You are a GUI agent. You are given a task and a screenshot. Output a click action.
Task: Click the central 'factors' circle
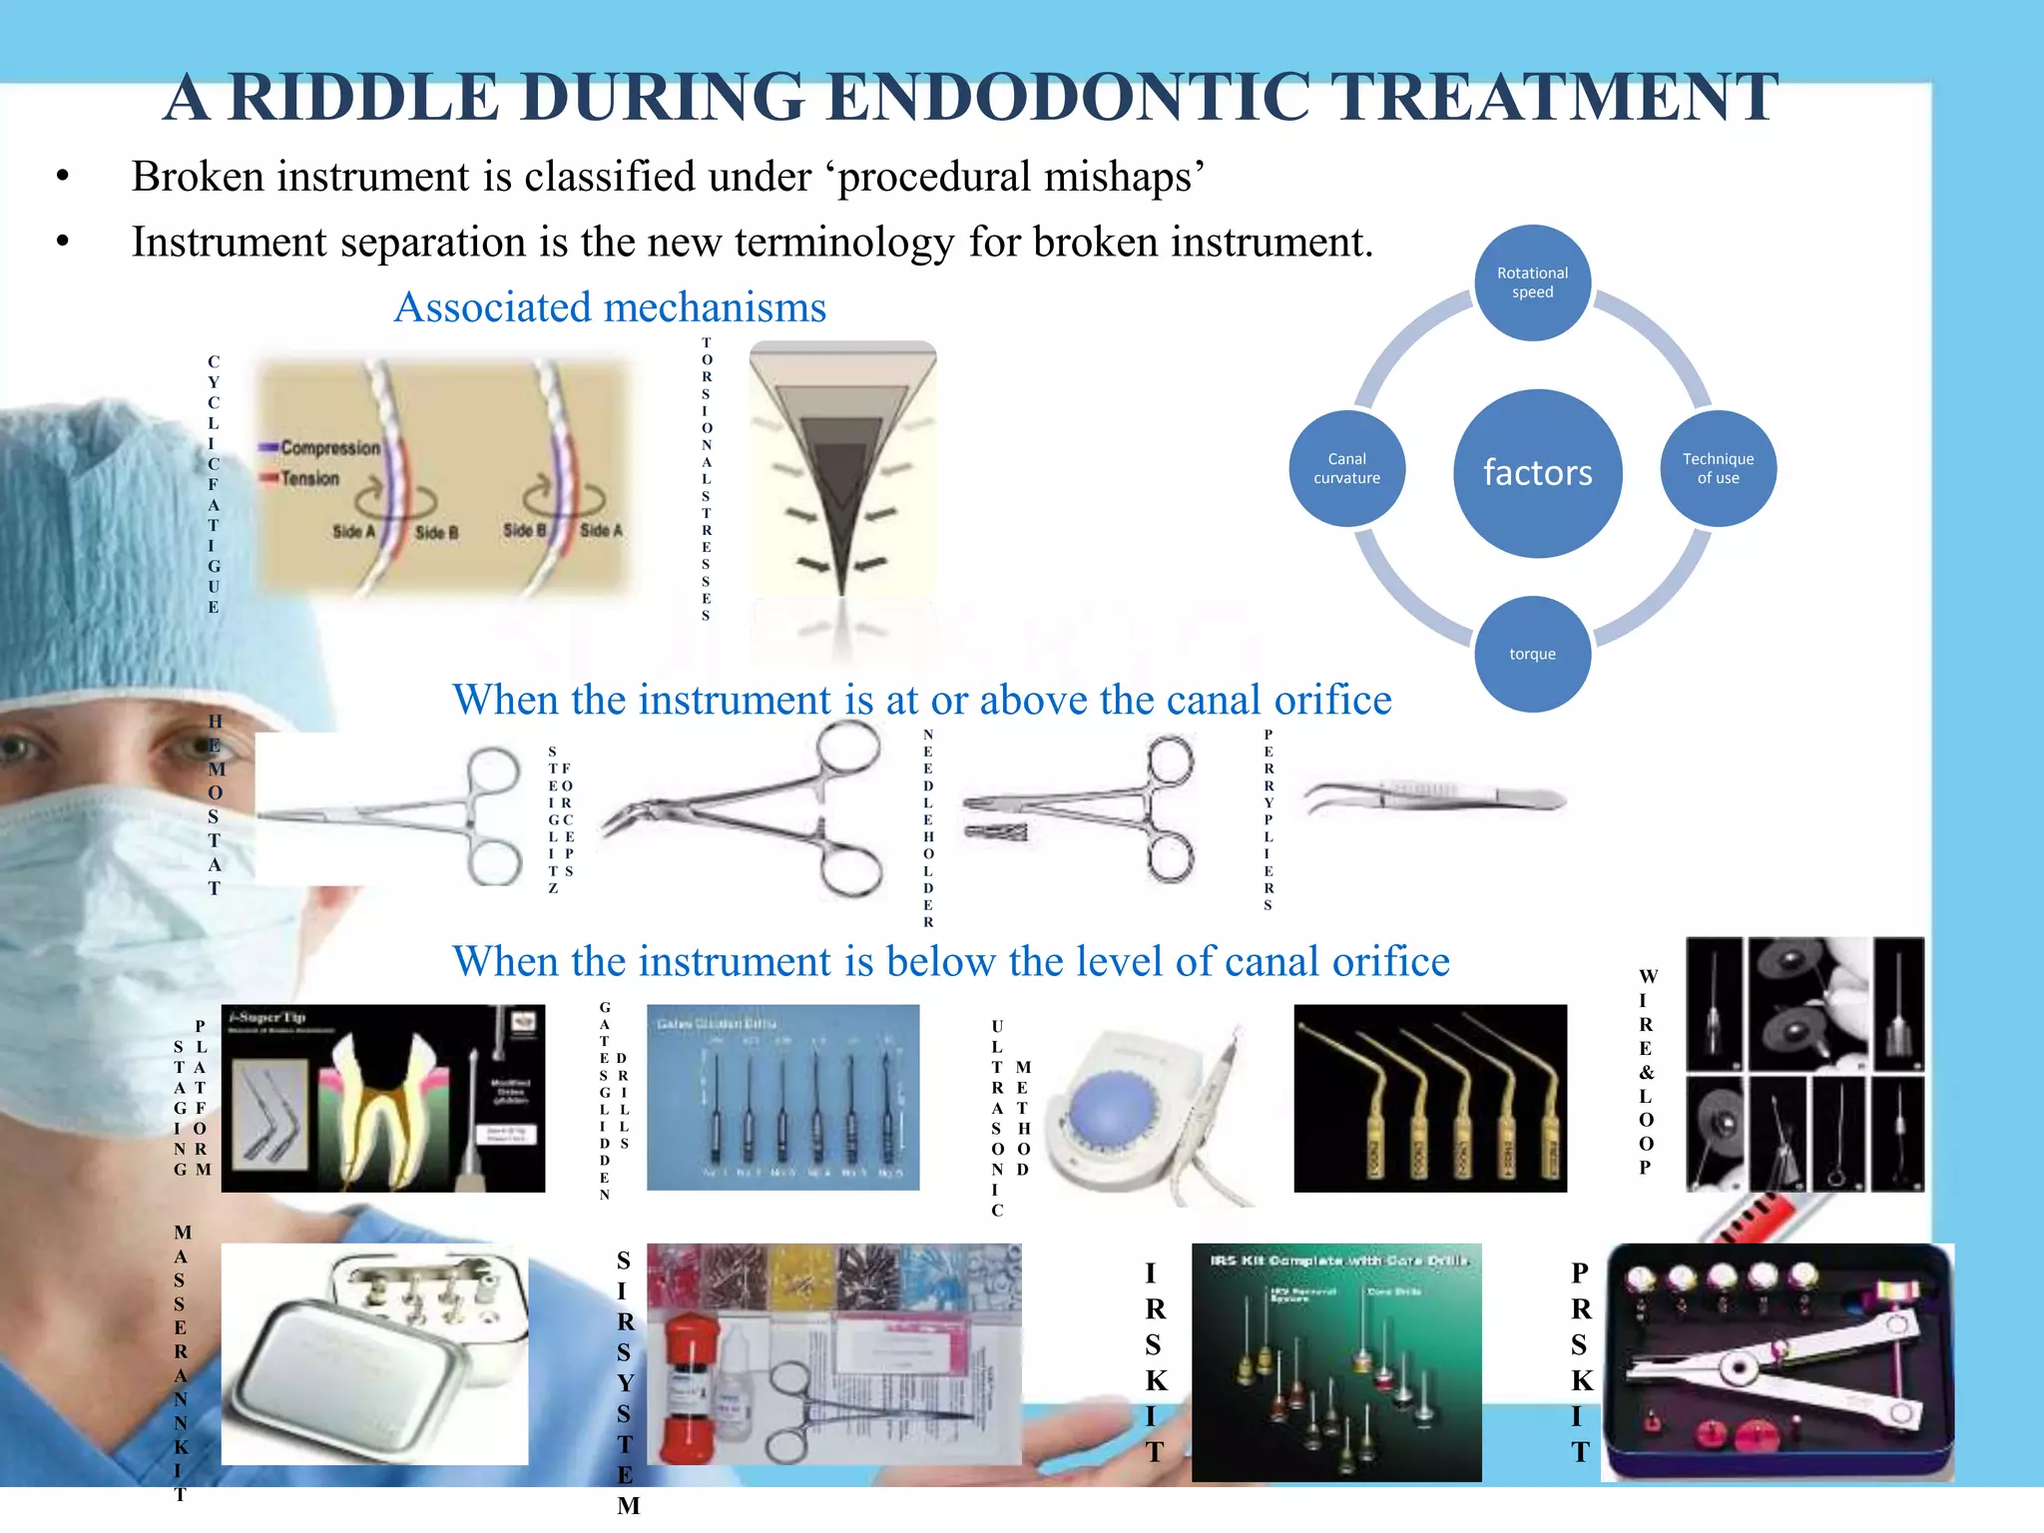1537,472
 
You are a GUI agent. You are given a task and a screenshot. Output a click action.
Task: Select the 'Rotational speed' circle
1532,282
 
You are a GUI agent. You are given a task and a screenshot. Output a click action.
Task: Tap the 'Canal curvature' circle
1346,468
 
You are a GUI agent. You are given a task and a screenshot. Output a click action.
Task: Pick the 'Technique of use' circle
1718,468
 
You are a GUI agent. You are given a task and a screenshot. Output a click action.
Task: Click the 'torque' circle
1532,654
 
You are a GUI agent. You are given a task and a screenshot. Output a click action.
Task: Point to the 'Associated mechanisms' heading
610,307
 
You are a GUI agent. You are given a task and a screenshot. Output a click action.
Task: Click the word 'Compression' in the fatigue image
329,448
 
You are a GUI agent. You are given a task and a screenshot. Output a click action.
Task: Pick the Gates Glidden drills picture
782,1098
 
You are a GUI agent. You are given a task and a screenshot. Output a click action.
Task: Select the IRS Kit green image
1335,1362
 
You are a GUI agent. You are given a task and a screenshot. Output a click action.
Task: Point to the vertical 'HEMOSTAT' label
215,803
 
